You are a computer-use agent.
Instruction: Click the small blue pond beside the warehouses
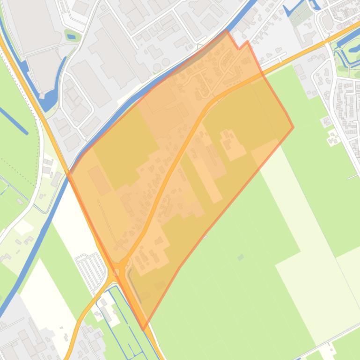[71, 36]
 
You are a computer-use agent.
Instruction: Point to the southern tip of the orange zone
[143, 329]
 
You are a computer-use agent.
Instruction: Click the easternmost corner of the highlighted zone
[293, 127]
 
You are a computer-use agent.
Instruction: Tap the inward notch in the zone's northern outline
[239, 48]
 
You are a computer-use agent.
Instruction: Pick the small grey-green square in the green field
[241, 257]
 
